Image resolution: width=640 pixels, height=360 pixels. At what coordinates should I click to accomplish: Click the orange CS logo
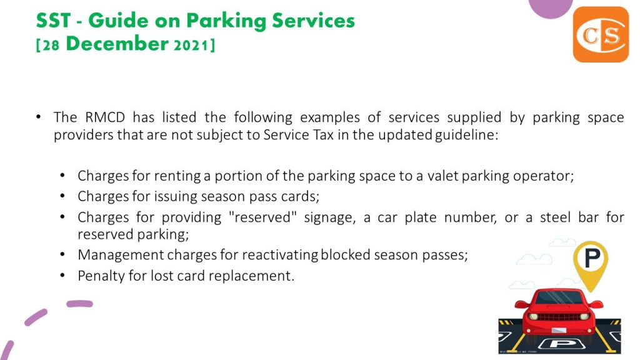pos(601,34)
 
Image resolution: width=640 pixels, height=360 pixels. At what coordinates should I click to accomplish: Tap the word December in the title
pos(117,44)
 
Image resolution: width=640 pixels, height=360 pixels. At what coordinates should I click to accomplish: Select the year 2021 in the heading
pos(191,45)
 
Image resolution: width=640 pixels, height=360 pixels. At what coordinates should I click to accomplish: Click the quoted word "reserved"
pos(263,217)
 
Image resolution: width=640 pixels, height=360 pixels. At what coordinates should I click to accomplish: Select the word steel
pos(555,217)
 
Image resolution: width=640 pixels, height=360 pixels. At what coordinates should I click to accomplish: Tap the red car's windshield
pos(559,298)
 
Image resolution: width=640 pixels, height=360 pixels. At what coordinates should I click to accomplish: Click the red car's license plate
pos(559,331)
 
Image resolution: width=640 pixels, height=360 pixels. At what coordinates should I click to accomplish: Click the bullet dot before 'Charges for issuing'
pos(62,196)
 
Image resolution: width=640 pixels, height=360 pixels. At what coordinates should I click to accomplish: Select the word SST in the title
pos(54,21)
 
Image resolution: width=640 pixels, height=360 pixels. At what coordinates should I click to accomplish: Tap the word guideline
pos(466,135)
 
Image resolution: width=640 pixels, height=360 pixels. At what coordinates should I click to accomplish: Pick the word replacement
pos(251,276)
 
